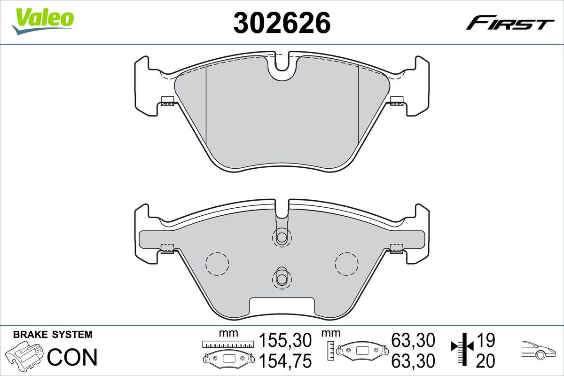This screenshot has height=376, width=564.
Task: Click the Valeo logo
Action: point(43,21)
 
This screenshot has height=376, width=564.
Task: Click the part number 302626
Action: point(282,23)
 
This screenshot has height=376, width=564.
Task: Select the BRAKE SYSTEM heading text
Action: point(53,335)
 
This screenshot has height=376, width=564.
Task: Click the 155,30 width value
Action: point(285,340)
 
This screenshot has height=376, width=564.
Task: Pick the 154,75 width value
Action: point(285,360)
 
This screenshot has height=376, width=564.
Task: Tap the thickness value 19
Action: point(486,340)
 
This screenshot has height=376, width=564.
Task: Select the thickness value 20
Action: point(486,360)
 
